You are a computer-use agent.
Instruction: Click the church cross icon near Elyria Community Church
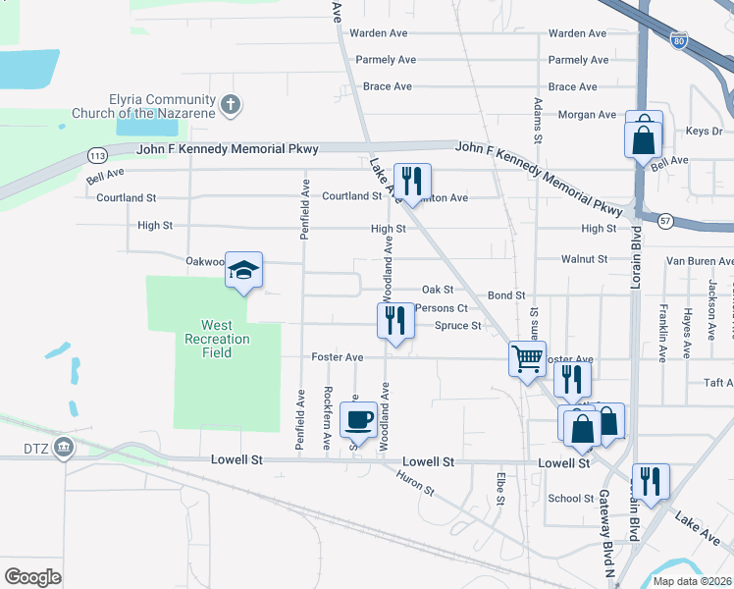tap(231, 104)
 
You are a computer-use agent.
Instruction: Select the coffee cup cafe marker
tap(357, 421)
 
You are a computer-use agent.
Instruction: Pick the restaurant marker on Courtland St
tap(412, 180)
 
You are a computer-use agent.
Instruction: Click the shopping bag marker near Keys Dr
tap(643, 138)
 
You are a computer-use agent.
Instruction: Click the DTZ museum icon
tap(64, 447)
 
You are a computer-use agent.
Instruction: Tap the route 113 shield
tap(96, 155)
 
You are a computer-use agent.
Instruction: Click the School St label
tap(570, 498)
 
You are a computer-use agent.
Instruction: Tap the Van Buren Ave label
tap(699, 261)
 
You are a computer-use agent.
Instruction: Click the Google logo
tap(32, 576)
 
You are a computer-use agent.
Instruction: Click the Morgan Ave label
tap(587, 115)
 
